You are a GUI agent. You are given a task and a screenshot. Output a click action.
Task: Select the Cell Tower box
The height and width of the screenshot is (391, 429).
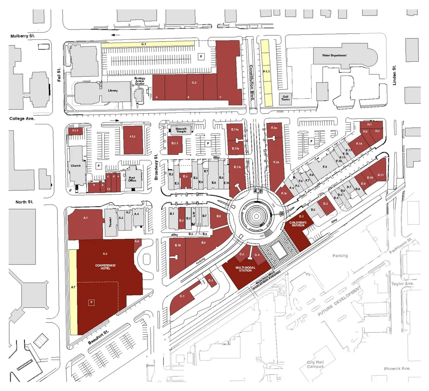(x=285, y=98)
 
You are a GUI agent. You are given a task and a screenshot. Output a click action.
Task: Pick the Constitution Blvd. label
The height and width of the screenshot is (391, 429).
(x=252, y=82)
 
